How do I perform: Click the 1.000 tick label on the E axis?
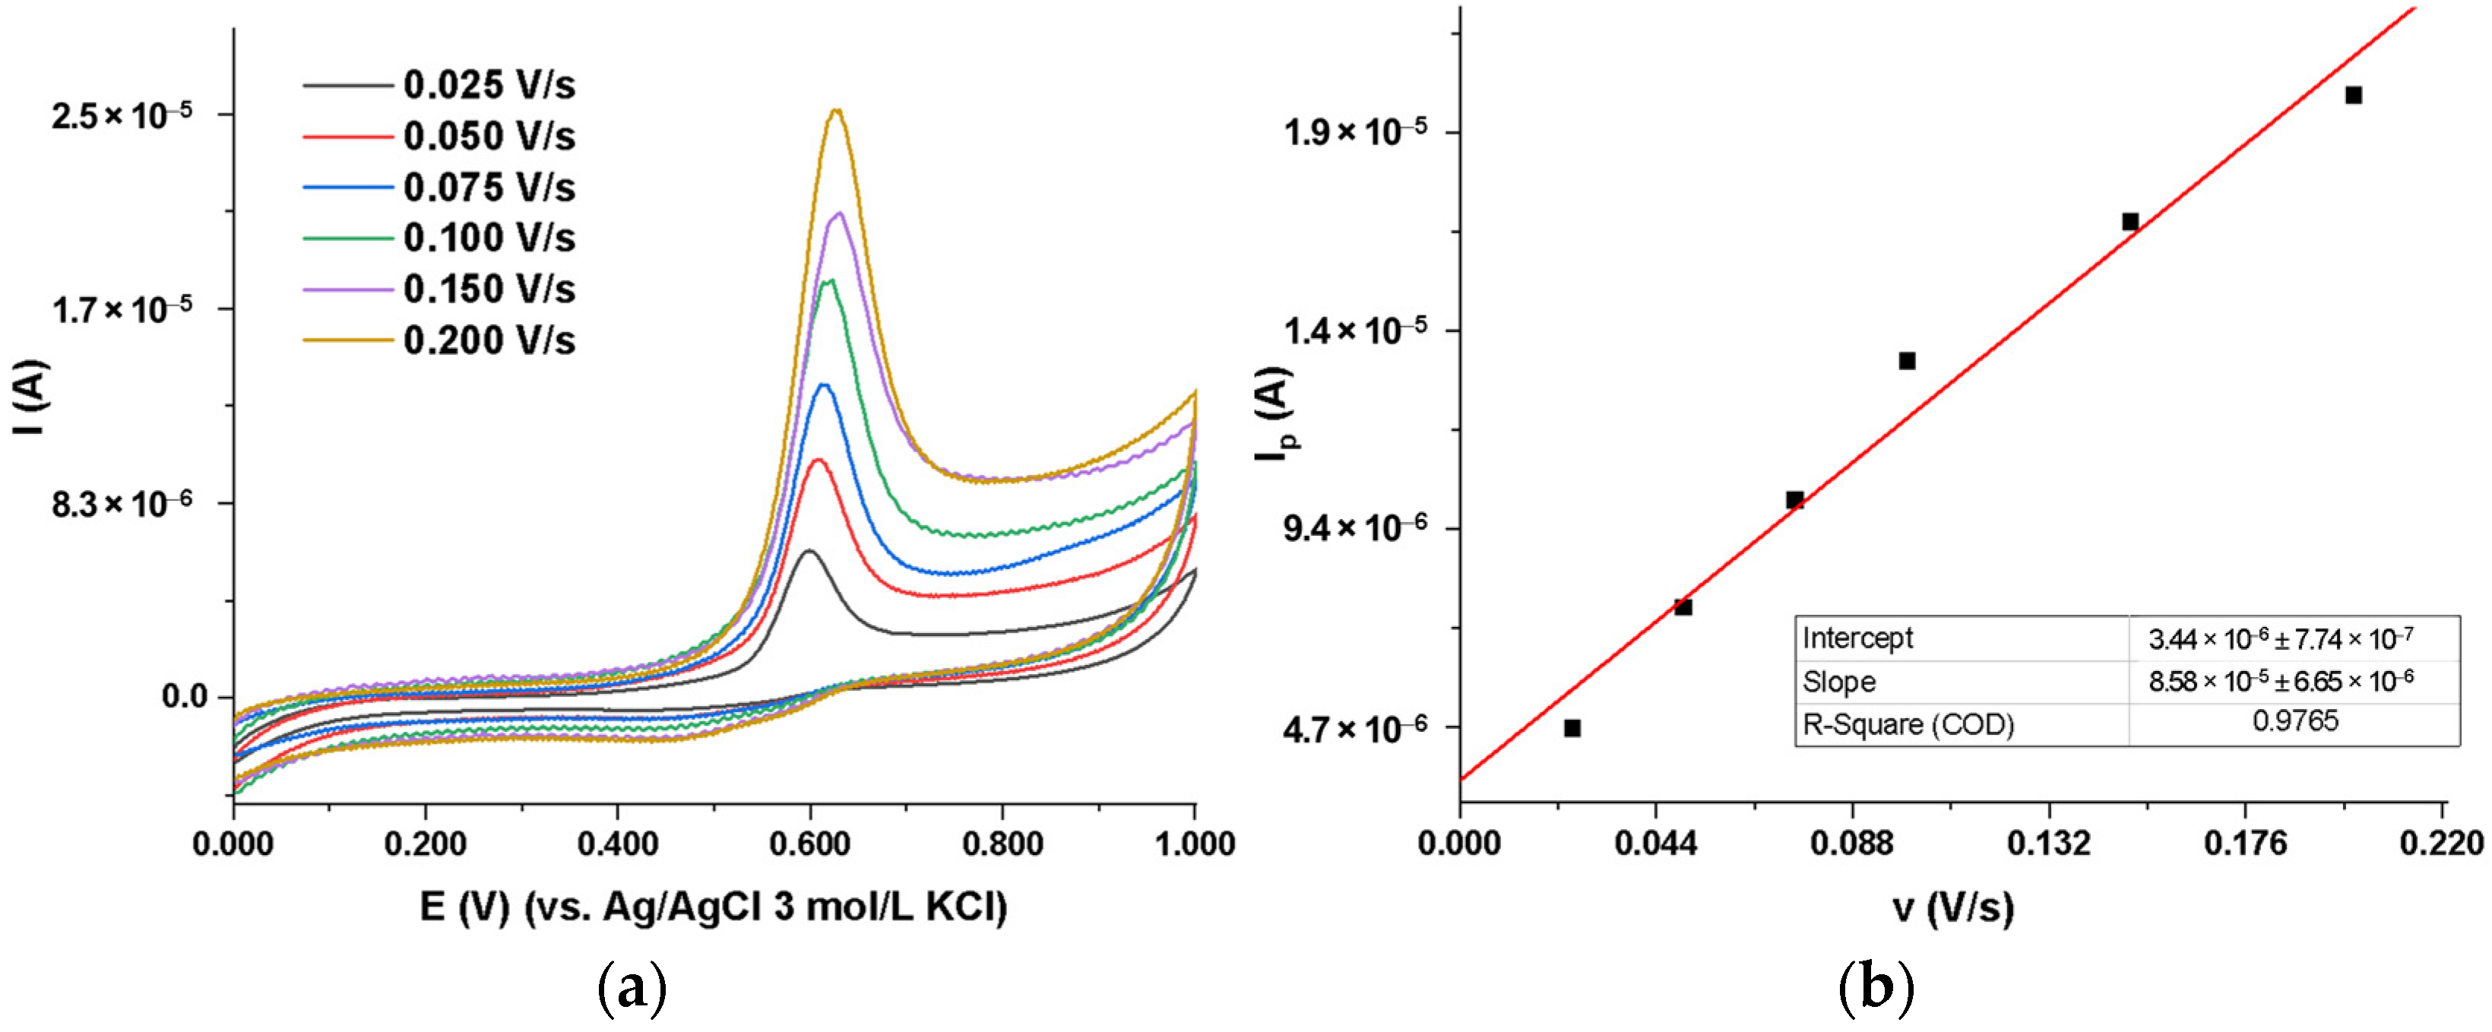pyautogui.click(x=1195, y=844)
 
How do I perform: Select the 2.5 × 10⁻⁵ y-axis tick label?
pyautogui.click(x=121, y=116)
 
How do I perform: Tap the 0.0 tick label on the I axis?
pyautogui.click(x=185, y=696)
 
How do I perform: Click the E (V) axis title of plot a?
pyautogui.click(x=714, y=907)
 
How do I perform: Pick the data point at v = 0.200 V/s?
pyautogui.click(x=2354, y=95)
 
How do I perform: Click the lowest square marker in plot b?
pyautogui.click(x=1572, y=728)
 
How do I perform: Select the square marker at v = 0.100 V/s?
pyautogui.click(x=1907, y=361)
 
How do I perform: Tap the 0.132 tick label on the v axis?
pyautogui.click(x=2048, y=844)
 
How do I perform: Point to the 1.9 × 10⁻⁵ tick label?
pyautogui.click(x=1354, y=131)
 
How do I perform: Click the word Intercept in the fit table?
pyautogui.click(x=1857, y=638)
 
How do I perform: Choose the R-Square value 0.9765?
pyautogui.click(x=2294, y=721)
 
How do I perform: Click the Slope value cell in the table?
pyautogui.click(x=2280, y=681)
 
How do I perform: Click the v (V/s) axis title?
pyautogui.click(x=1953, y=907)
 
